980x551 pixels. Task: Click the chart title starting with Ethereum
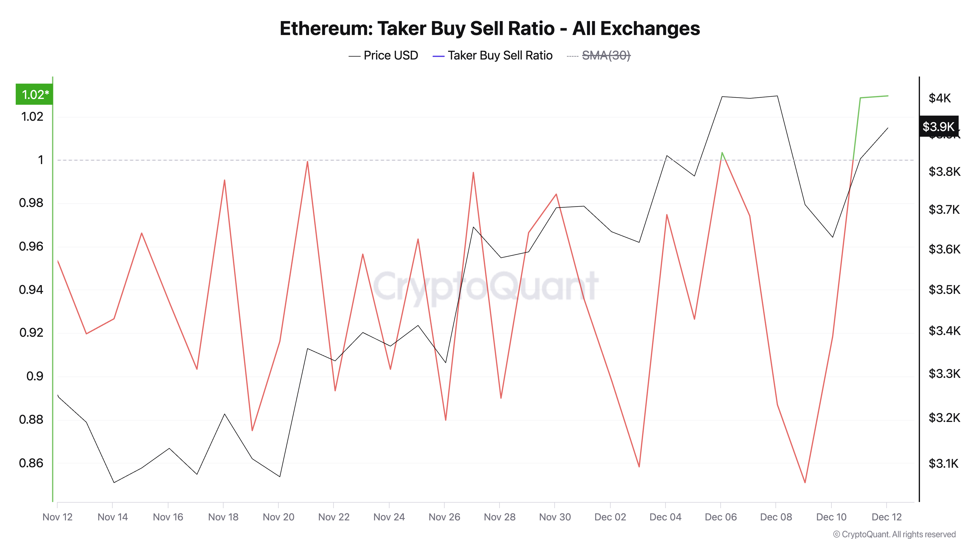pyautogui.click(x=490, y=28)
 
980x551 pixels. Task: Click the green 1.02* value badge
pyautogui.click(x=34, y=94)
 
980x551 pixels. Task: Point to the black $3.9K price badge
pyautogui.click(x=938, y=126)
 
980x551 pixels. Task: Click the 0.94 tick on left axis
pyautogui.click(x=31, y=290)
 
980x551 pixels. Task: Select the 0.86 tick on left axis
pyautogui.click(x=31, y=463)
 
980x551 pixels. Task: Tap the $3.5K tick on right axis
pyautogui.click(x=944, y=290)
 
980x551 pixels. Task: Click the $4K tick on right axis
pyautogui.click(x=939, y=98)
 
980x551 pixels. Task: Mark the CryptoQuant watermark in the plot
pyautogui.click(x=486, y=286)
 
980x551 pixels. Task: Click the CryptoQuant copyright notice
pyautogui.click(x=894, y=534)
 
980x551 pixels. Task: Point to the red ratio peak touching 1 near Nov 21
pyautogui.click(x=307, y=162)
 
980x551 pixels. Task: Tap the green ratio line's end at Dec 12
pyautogui.click(x=888, y=96)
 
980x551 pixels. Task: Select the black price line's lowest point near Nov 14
pyautogui.click(x=114, y=482)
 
